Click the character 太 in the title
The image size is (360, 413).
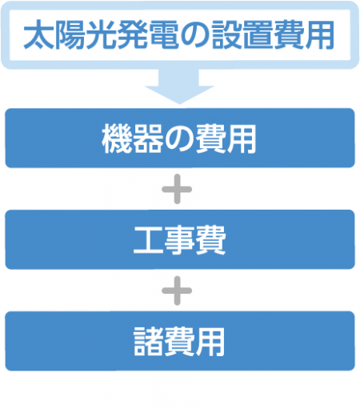tap(39, 34)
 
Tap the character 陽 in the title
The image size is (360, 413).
tap(70, 34)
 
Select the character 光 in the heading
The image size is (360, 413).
tap(102, 34)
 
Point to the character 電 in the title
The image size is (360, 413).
tap(163, 34)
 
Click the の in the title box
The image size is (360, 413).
tap(194, 35)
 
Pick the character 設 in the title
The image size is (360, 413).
tap(226, 34)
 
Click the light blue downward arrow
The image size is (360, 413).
tap(179, 86)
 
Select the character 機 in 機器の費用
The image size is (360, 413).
tap(117, 138)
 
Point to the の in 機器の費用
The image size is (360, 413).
tap(179, 139)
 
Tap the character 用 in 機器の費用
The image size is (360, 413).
tap(242, 138)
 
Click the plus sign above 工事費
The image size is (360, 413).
tap(177, 189)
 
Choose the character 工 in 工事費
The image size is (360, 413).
tap(148, 240)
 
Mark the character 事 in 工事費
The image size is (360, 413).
tap(179, 240)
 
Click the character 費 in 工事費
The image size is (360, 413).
tap(210, 240)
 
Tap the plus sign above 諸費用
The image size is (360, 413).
tap(177, 291)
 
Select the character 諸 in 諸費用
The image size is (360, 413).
tap(148, 342)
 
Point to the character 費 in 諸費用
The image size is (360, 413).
tap(179, 342)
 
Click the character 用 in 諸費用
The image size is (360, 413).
tap(210, 342)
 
